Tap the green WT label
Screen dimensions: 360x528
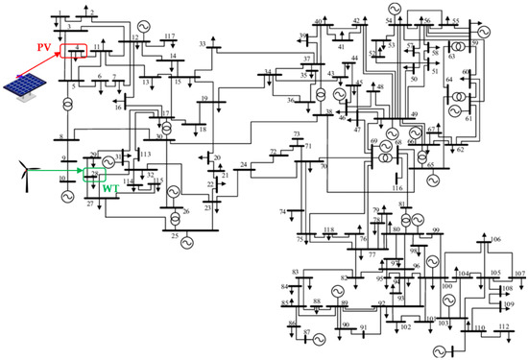[x=110, y=186]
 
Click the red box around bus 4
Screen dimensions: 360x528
[x=75, y=49]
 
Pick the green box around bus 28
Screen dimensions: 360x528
[x=94, y=175]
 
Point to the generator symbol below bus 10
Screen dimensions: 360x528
[x=67, y=196]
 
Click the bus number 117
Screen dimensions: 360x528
[x=170, y=36]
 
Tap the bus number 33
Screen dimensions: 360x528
[x=203, y=44]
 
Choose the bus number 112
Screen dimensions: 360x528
[x=504, y=326]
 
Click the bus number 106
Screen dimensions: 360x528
[x=495, y=238]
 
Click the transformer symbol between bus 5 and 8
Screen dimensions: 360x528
[x=68, y=123]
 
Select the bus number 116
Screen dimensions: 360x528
[x=397, y=188]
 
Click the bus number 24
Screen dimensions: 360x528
[x=243, y=165]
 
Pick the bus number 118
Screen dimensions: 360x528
[x=329, y=230]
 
